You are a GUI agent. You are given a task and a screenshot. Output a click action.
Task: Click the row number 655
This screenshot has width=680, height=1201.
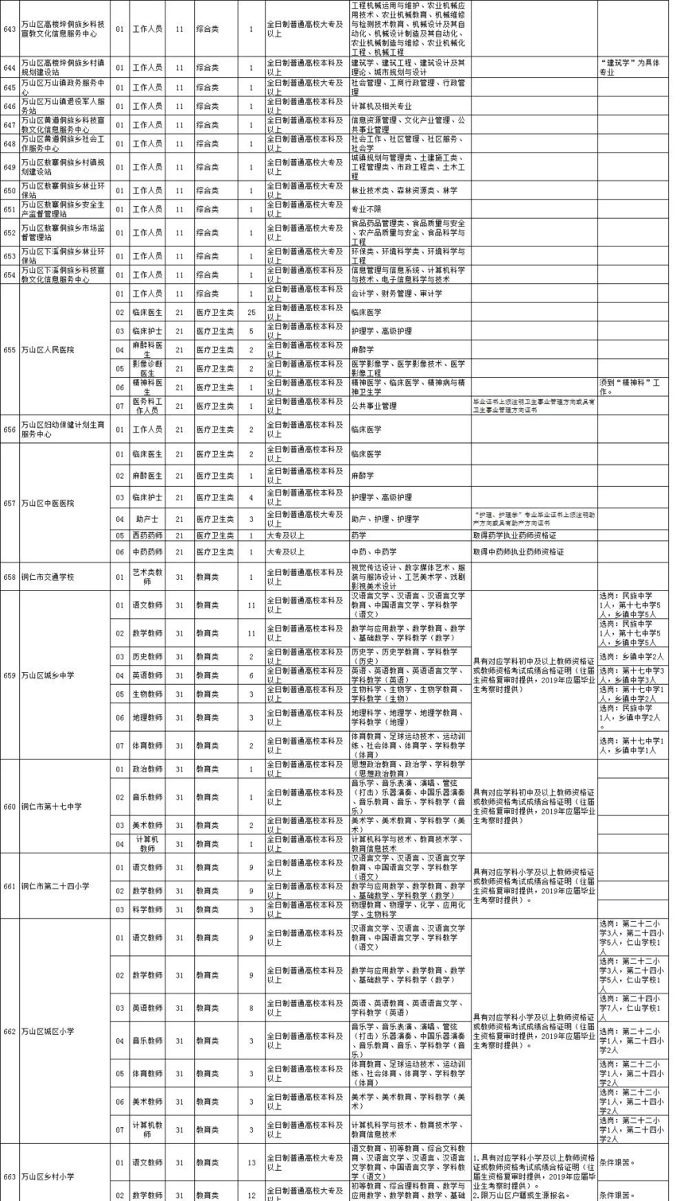click(x=10, y=350)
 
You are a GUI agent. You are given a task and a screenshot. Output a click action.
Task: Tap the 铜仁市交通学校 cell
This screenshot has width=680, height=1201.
click(x=48, y=576)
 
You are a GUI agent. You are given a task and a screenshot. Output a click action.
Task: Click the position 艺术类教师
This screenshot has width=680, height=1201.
click(x=147, y=576)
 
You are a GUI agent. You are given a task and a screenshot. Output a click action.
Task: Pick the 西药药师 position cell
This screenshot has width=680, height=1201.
click(x=147, y=535)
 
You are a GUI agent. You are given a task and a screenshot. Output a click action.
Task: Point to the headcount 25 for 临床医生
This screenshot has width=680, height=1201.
click(x=251, y=312)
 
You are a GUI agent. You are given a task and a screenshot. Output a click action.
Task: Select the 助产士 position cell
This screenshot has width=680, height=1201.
click(x=147, y=518)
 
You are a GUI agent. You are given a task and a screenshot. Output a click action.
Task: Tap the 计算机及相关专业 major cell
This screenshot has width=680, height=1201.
click(x=381, y=106)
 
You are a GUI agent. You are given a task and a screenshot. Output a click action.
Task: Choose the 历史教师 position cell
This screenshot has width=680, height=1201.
click(x=147, y=656)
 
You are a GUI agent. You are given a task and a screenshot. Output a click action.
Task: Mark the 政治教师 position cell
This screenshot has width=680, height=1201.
click(x=147, y=769)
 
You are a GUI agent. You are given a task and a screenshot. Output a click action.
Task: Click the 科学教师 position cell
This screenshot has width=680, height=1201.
click(x=147, y=909)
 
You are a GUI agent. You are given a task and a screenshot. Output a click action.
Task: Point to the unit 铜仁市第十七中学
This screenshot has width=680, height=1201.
click(x=51, y=806)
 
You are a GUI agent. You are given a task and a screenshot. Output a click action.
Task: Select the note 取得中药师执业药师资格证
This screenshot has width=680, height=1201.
click(x=518, y=552)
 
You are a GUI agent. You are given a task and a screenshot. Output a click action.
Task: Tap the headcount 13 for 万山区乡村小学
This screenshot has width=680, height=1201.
click(x=251, y=1162)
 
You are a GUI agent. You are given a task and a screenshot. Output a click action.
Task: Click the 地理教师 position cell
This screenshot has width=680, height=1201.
click(x=147, y=717)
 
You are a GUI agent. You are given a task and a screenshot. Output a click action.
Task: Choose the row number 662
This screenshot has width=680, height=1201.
click(x=10, y=1031)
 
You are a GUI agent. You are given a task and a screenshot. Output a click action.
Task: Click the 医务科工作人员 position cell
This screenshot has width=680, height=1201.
click(x=147, y=405)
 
